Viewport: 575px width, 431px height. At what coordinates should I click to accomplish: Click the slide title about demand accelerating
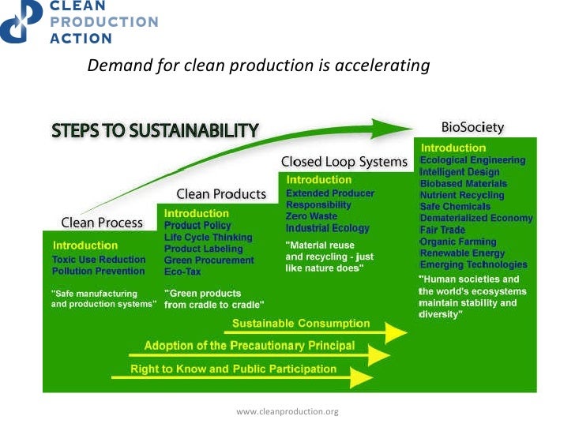tap(258, 66)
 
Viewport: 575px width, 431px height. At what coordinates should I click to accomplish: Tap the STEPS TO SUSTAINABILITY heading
tap(155, 130)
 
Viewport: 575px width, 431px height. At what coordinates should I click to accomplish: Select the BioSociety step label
tap(472, 127)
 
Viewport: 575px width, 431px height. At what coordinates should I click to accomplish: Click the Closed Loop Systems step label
tap(344, 162)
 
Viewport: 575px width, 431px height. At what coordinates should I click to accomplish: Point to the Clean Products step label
tap(221, 193)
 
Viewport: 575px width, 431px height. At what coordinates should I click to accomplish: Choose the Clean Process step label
tap(102, 223)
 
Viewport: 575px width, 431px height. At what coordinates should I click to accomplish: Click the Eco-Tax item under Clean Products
tap(184, 272)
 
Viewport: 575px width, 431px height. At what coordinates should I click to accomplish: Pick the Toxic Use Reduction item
tap(99, 259)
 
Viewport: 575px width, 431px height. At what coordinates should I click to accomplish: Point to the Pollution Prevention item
tap(99, 271)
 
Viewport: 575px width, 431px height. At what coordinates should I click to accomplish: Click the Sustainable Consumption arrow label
tap(300, 324)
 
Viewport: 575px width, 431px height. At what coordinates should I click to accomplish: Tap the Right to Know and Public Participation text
tap(233, 369)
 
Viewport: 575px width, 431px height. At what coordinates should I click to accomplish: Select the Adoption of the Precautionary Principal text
tap(249, 346)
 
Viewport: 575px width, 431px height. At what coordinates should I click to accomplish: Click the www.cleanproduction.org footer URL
tap(287, 411)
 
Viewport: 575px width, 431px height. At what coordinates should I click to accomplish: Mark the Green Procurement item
tap(209, 260)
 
